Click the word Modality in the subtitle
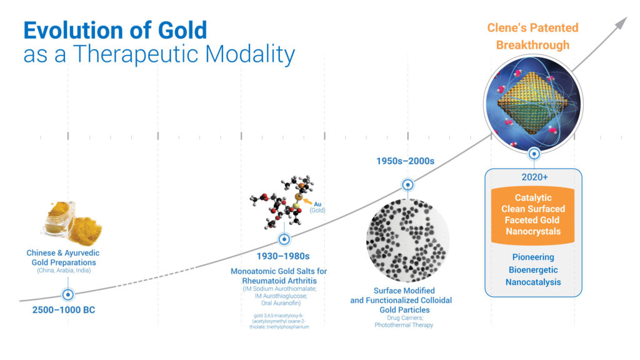(250, 55)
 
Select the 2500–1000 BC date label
(64, 310)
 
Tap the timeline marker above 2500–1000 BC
(67, 294)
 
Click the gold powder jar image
(72, 223)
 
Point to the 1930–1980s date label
(283, 256)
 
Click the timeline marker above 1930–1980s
(284, 239)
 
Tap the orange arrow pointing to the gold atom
(307, 201)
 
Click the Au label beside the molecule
(317, 204)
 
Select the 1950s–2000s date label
(405, 161)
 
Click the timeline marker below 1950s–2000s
(407, 185)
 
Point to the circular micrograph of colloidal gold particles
(407, 240)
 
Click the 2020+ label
(534, 177)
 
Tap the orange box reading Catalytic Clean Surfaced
(532, 215)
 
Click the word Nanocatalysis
(533, 282)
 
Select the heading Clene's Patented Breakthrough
(532, 36)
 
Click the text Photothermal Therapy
(404, 325)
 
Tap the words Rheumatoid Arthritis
(279, 281)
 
